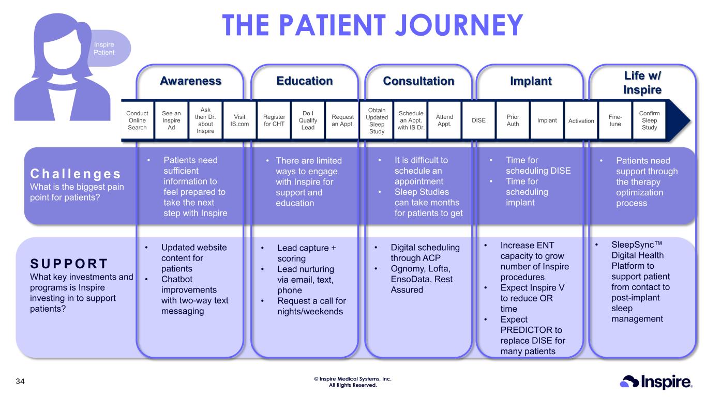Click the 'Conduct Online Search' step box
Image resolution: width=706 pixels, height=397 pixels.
pyautogui.click(x=138, y=120)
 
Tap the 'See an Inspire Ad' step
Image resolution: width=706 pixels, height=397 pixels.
pyautogui.click(x=171, y=120)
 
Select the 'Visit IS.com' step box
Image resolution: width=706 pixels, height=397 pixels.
pyautogui.click(x=239, y=120)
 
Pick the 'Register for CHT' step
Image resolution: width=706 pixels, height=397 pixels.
pyautogui.click(x=274, y=120)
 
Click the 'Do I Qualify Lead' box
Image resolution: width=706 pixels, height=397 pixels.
pyautogui.click(x=308, y=120)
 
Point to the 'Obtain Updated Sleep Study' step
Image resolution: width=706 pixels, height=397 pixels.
pyautogui.click(x=377, y=120)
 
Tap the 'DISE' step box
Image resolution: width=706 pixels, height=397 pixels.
pyautogui.click(x=478, y=120)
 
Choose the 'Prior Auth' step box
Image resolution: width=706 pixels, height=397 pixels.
pyautogui.click(x=513, y=120)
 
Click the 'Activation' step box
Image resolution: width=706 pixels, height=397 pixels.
pyautogui.click(x=581, y=120)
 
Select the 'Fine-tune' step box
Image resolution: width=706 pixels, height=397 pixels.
pyautogui.click(x=615, y=120)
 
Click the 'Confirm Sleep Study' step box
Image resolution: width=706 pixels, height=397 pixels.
pyautogui.click(x=649, y=120)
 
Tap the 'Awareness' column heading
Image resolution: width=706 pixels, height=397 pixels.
pyautogui.click(x=190, y=81)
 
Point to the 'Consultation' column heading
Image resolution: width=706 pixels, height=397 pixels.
pyautogui.click(x=418, y=81)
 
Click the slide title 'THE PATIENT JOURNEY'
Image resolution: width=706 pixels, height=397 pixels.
pyautogui.click(x=372, y=25)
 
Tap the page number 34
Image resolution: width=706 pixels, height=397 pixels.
pyautogui.click(x=20, y=382)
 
